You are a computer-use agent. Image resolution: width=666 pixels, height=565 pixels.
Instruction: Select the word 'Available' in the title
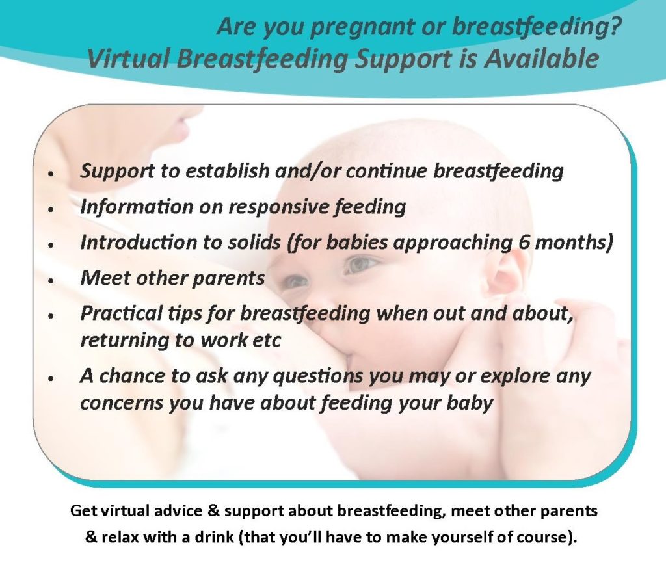[x=542, y=58]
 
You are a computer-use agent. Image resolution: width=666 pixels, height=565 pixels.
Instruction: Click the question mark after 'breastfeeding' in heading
[x=615, y=26]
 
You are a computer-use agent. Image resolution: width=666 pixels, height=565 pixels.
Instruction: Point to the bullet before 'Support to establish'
[x=51, y=174]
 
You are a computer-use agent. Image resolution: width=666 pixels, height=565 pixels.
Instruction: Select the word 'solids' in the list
[x=254, y=243]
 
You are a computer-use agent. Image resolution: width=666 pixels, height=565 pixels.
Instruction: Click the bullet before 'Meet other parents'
[x=51, y=281]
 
